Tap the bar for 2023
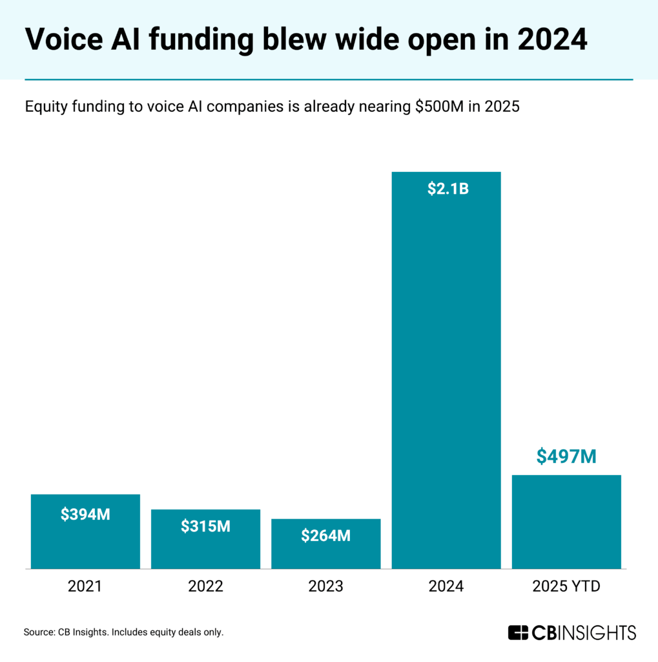click(325, 553)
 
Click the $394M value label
click(85, 515)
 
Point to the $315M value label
click(205, 526)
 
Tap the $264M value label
click(325, 536)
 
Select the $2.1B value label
click(446, 189)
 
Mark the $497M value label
click(566, 456)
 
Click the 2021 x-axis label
click(85, 586)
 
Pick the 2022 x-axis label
click(205, 586)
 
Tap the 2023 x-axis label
click(325, 586)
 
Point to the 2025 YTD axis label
click(566, 586)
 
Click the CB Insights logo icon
click(518, 632)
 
